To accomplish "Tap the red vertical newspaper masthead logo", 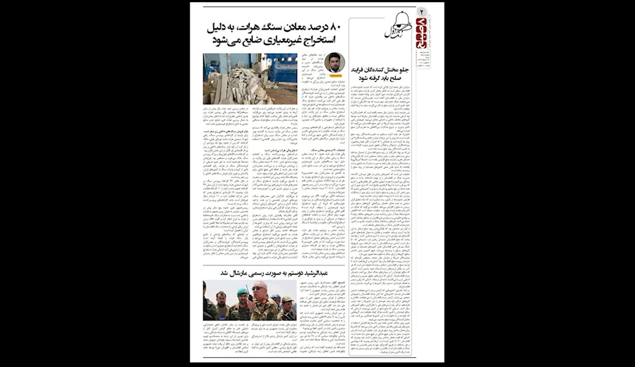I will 421,31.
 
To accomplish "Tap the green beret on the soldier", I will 242,290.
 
